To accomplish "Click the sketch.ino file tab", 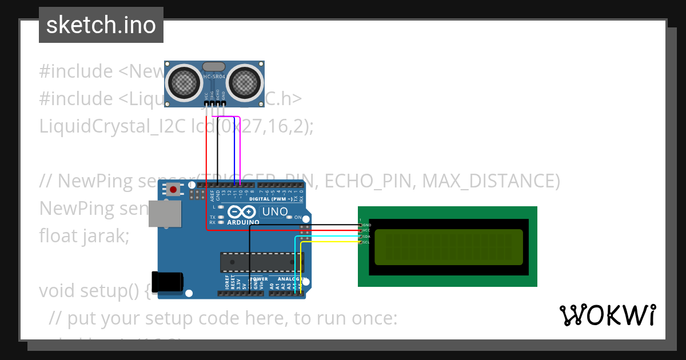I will [101, 25].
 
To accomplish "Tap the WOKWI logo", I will [607, 315].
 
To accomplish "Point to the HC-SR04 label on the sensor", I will [215, 77].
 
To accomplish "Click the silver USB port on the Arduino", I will [165, 213].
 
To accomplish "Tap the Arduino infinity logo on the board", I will [240, 212].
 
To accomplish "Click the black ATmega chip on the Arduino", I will [262, 261].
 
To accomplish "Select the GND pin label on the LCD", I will [367, 225].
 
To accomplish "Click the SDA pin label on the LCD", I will [367, 236].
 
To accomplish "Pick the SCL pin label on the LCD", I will [367, 242].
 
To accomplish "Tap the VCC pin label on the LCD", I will [366, 230].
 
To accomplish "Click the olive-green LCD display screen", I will [448, 247].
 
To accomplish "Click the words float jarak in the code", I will [84, 235].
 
